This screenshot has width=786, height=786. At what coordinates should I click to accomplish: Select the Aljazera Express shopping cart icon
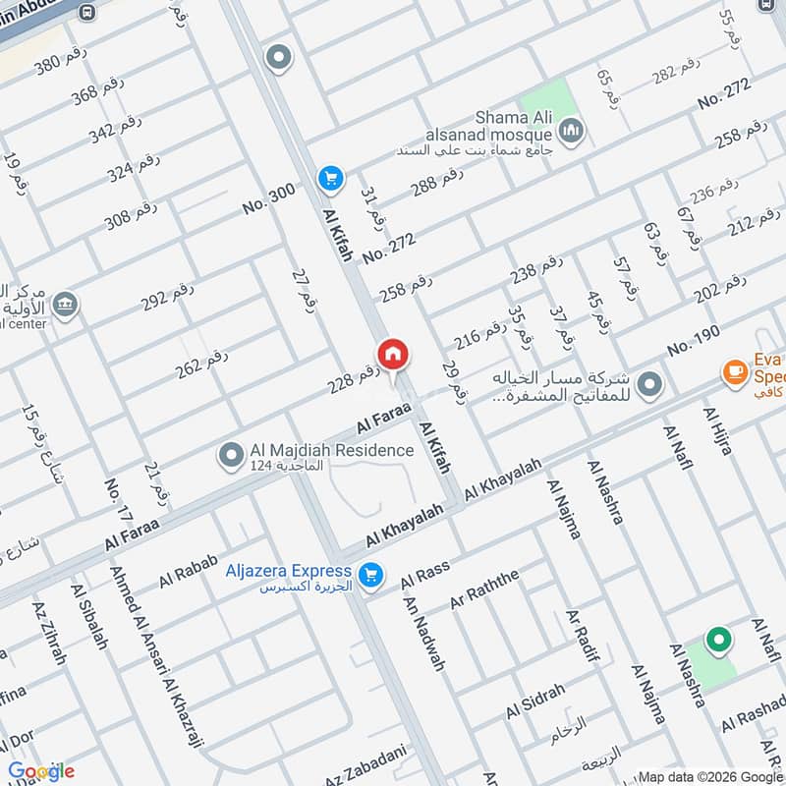[x=370, y=575]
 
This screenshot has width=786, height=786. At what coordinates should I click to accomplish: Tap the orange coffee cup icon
[x=733, y=371]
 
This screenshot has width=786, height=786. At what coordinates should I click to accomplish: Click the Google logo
[x=41, y=770]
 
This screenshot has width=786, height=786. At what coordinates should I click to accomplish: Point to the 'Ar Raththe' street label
[x=482, y=587]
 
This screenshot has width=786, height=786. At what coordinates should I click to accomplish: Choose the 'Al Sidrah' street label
[x=535, y=702]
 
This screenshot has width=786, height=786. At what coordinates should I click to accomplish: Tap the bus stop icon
[x=88, y=13]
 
